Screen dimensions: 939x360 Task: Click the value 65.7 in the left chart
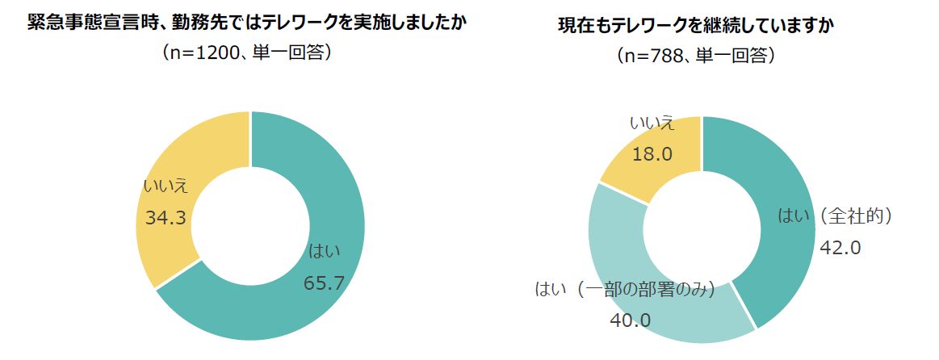point(324,283)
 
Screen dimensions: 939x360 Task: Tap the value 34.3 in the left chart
point(166,217)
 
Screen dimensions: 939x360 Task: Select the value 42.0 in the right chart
point(840,247)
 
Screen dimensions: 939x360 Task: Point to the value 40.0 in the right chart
point(630,320)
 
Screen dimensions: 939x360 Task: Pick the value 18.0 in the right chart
point(652,154)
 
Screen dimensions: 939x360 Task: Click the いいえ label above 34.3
point(166,186)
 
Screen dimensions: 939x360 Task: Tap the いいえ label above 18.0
point(652,123)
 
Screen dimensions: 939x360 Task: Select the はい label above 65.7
point(324,252)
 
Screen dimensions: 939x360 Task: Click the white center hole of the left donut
point(250,226)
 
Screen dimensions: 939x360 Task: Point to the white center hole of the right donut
point(702,230)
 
